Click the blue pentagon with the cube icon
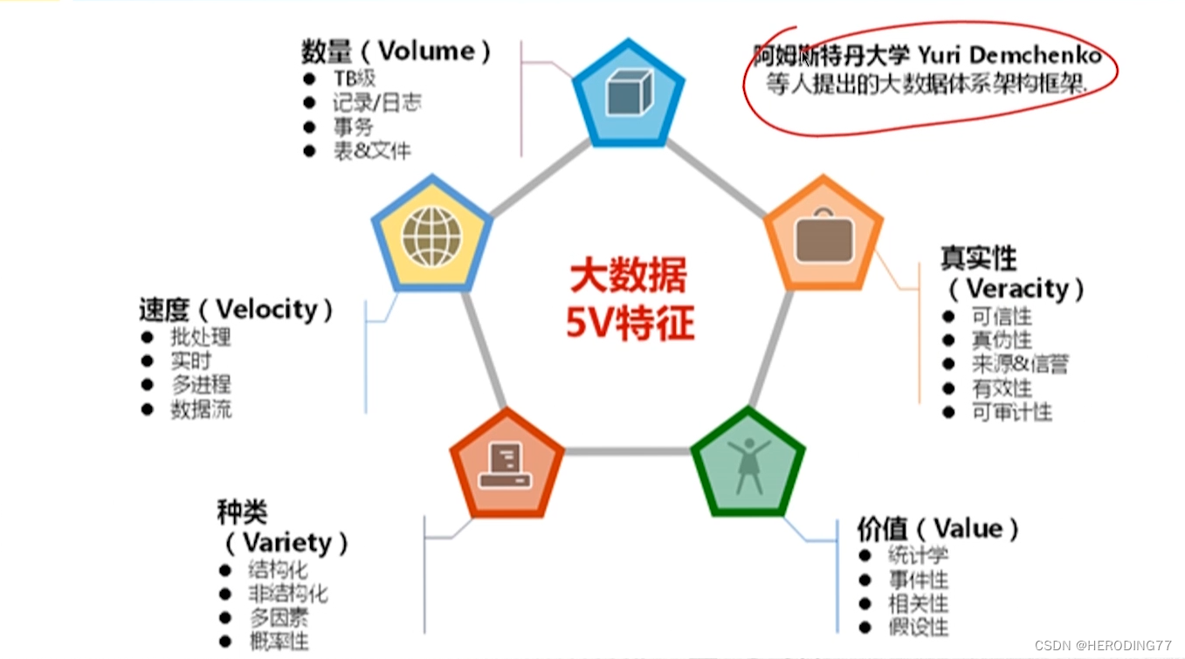click(x=629, y=93)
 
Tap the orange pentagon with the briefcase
click(x=823, y=234)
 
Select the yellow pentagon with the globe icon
click(x=431, y=234)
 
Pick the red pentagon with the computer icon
click(x=506, y=463)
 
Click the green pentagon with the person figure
click(x=748, y=463)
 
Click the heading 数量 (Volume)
click(x=396, y=51)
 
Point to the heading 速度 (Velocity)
click(x=236, y=310)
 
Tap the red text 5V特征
click(x=629, y=324)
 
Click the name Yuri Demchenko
click(x=1009, y=56)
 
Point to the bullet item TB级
click(x=354, y=79)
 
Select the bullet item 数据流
click(x=201, y=408)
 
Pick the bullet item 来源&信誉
click(x=1019, y=364)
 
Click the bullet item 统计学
click(x=918, y=554)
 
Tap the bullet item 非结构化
click(x=287, y=594)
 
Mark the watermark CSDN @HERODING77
click(x=1102, y=645)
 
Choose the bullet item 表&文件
click(x=371, y=151)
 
